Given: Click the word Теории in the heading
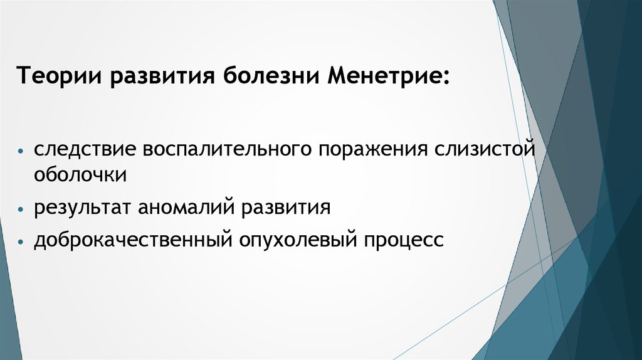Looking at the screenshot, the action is click(59, 75).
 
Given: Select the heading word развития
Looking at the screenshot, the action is click(162, 77).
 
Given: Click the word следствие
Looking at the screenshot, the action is click(85, 149).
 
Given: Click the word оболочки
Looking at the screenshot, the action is click(80, 174).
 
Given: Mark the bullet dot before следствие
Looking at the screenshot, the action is click(21, 151).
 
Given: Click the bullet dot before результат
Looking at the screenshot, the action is click(21, 209).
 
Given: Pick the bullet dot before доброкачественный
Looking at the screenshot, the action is click(21, 241).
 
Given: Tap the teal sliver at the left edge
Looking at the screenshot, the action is click(9, 295).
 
